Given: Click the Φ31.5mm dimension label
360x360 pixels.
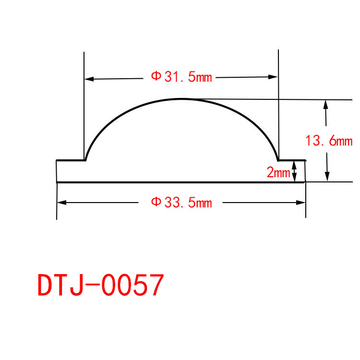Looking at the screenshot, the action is point(181,77).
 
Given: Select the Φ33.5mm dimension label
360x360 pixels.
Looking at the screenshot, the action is point(181,203).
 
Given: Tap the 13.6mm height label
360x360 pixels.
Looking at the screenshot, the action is point(329,141).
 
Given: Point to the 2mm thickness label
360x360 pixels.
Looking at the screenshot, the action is point(278,172).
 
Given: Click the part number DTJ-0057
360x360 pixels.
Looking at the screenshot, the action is point(101,285).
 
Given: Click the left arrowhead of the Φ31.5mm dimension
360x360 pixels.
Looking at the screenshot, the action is point(89,79).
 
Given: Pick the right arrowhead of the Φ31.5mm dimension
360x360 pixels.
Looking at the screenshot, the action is point(273,77).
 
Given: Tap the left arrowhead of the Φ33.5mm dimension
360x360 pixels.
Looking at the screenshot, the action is point(61,203).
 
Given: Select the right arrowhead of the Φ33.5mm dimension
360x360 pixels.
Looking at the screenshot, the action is point(300,203).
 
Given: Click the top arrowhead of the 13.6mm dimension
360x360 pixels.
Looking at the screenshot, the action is point(325,105).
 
